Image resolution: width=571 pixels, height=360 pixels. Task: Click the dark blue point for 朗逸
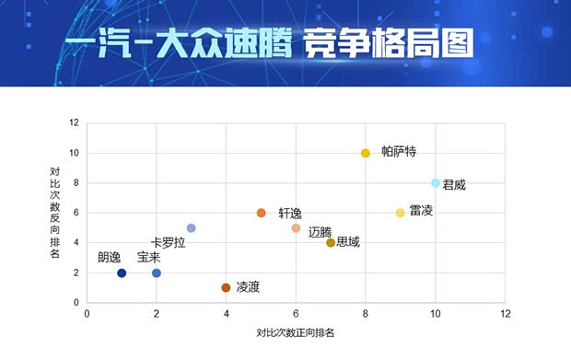[122, 273]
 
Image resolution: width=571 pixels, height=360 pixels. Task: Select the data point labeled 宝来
[157, 273]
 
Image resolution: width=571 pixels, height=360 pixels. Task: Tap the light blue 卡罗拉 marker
[191, 228]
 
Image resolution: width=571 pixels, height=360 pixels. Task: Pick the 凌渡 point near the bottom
[226, 288]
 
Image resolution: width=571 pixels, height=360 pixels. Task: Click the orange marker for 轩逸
[261, 213]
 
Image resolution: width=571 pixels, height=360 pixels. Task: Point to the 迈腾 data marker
[296, 228]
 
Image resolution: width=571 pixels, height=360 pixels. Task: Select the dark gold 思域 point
[331, 243]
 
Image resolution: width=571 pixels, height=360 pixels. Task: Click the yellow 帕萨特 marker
[366, 153]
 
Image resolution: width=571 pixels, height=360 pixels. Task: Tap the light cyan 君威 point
[435, 183]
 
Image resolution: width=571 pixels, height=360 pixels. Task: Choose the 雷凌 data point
[400, 213]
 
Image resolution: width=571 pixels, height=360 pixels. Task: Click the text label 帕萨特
[399, 152]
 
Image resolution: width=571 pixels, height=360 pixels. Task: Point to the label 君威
[454, 184]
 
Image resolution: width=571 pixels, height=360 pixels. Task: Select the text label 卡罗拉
[169, 243]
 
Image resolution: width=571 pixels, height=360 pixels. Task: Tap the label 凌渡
[248, 287]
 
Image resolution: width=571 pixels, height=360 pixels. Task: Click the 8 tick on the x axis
[366, 313]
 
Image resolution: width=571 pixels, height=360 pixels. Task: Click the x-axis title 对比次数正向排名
[295, 332]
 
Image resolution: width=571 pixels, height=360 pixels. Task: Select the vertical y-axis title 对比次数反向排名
[56, 212]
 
